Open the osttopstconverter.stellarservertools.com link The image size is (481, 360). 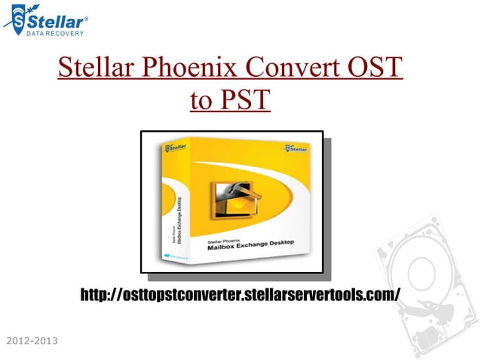(240, 294)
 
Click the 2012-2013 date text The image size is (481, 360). (31, 343)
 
